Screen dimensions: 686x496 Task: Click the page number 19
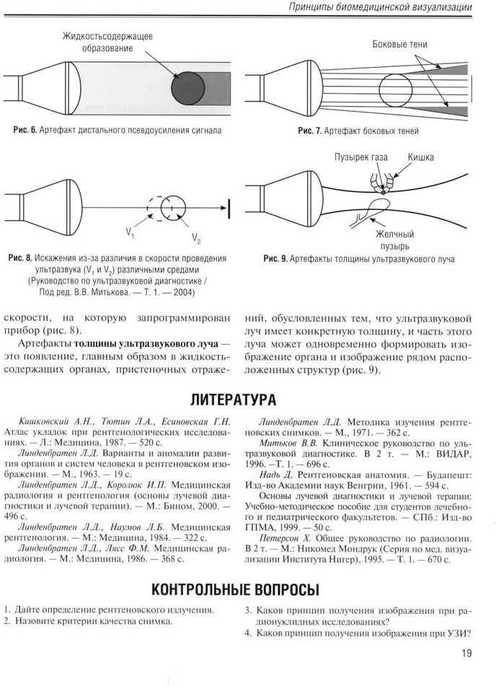pyautogui.click(x=466, y=654)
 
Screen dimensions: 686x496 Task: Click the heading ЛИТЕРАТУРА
pyautogui.click(x=247, y=399)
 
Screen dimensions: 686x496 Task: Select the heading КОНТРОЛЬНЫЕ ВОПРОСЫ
pyautogui.click(x=247, y=589)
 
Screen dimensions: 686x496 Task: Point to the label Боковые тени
pyautogui.click(x=399, y=45)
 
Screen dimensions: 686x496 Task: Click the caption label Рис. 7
pyautogui.click(x=311, y=131)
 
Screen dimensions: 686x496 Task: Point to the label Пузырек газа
pyautogui.click(x=360, y=156)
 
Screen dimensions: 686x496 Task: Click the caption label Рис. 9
pyautogui.click(x=278, y=259)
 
